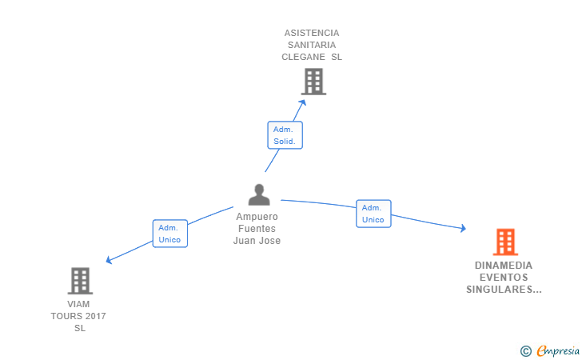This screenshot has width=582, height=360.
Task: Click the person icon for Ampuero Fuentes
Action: coord(258,194)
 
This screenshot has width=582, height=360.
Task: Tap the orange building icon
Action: coord(505,242)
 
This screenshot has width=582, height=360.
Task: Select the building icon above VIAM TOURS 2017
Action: coord(80,281)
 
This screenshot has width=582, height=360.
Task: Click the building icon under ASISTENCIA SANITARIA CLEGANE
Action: coord(313,81)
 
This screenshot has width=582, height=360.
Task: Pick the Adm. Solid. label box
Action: coord(285,135)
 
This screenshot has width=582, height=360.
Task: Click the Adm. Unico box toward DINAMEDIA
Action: coord(373,214)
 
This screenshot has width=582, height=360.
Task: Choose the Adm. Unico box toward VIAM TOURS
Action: coord(169,234)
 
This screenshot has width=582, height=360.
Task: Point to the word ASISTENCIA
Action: coord(312,33)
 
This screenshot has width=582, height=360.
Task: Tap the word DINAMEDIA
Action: coord(503,266)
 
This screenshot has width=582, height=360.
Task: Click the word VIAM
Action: coord(78,304)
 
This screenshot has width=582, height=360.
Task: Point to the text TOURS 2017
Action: coord(78,316)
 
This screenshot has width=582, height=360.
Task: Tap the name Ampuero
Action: coord(257,217)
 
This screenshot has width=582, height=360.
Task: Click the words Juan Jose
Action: coord(257,241)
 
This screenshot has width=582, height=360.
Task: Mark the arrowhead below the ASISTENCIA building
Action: coord(302,102)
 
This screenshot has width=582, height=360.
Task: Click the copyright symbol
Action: coord(525,350)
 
